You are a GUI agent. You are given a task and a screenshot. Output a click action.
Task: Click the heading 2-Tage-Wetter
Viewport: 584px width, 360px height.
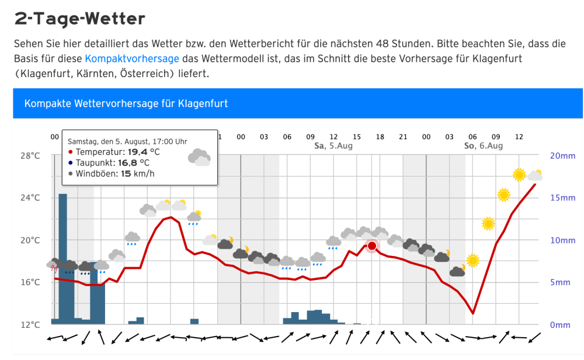pos(79,19)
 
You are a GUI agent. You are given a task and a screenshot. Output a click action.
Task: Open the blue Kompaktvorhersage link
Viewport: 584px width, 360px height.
pos(132,59)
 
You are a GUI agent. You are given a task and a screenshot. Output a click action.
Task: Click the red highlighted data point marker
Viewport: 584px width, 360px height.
pos(372,245)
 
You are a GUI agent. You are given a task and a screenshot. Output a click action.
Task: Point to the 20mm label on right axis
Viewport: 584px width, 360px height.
pos(562,155)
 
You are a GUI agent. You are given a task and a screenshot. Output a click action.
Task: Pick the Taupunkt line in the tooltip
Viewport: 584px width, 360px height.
pos(109,162)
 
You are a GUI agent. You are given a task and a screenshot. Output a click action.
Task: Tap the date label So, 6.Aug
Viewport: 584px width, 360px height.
pos(483,146)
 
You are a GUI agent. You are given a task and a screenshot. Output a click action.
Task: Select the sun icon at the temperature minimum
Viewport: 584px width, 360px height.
pos(473,261)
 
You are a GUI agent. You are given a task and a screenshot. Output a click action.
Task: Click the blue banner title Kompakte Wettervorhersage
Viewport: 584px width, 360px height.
pos(126,103)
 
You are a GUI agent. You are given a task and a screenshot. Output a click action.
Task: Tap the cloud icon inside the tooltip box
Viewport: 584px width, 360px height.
pos(199,157)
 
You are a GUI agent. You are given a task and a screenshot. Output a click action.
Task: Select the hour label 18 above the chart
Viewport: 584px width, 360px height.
pos(380,137)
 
